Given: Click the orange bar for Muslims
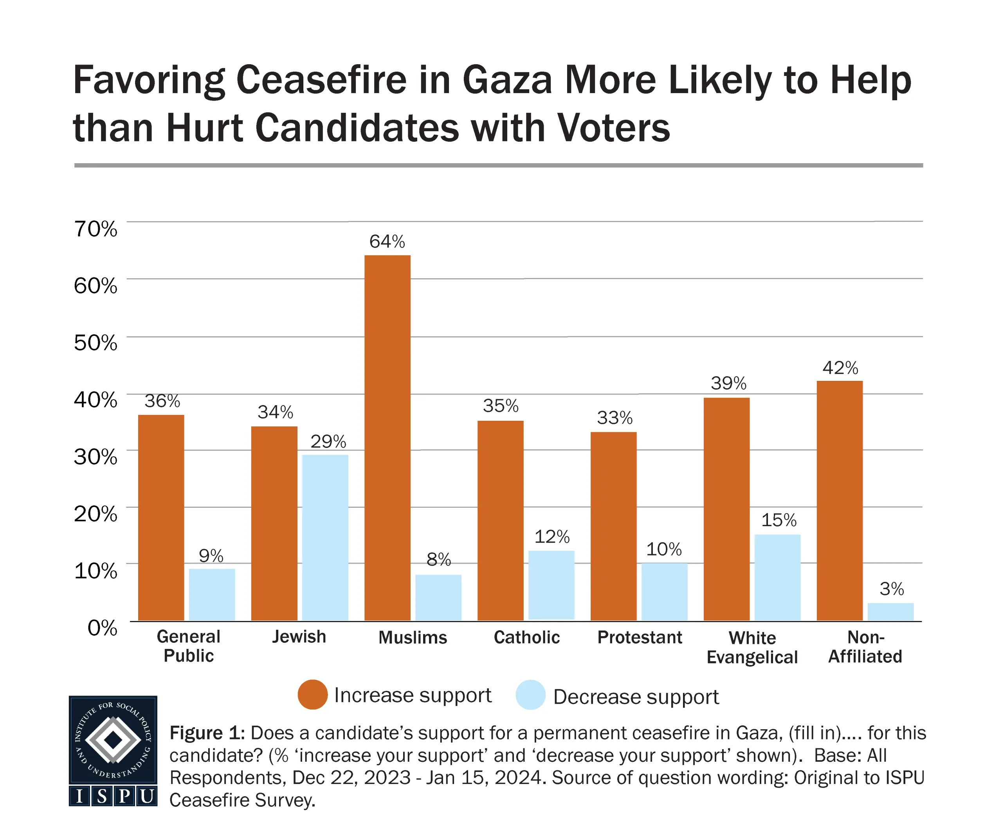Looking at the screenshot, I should tap(387, 438).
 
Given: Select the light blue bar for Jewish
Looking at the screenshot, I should tap(325, 537).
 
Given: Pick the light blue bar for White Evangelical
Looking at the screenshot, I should tap(777, 577).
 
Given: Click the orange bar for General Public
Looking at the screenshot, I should tap(161, 517).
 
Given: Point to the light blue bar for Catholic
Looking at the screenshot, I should tap(551, 585).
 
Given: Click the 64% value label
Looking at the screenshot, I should tap(387, 242).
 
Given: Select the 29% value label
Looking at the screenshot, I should tap(328, 441).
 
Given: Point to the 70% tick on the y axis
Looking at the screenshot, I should tap(96, 229).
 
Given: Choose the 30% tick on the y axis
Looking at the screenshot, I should tap(96, 457).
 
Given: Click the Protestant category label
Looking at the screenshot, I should tap(640, 637).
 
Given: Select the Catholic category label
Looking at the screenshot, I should tap(526, 637).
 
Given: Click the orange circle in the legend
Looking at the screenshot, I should tap(312, 694).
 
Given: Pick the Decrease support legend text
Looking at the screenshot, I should tap(636, 697).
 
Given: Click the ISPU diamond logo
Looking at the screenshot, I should tap(113, 740).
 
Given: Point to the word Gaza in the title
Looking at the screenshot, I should tap(507, 80).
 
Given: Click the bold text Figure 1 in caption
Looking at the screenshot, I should tap(207, 733).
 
